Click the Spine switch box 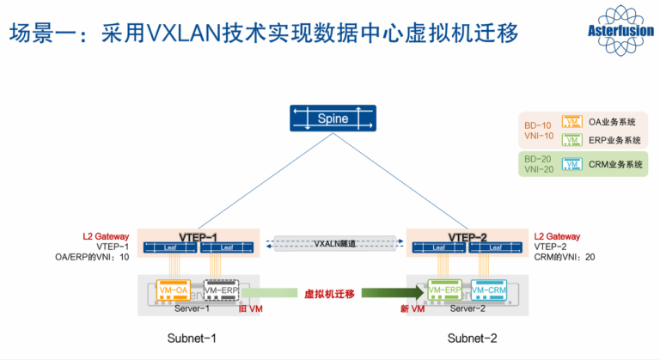coord(333,119)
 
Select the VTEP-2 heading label coord(468,236)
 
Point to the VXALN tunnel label coord(334,243)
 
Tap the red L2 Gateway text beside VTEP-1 coord(106,235)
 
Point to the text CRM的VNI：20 coord(565,256)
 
